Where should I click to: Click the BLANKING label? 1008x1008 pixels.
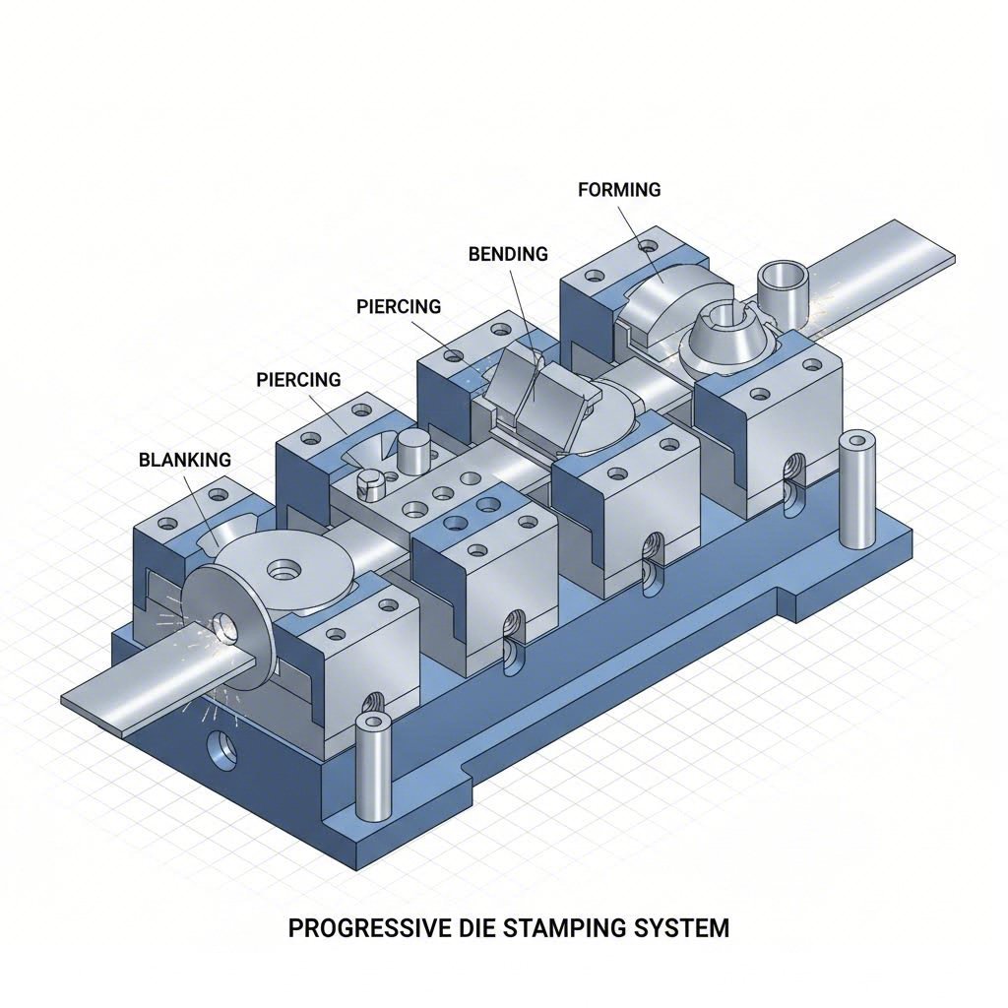tap(185, 459)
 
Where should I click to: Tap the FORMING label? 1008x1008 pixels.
tap(619, 190)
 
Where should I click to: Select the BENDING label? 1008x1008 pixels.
tap(508, 254)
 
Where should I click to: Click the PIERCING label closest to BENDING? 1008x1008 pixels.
tap(398, 306)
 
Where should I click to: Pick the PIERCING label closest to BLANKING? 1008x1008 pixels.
tap(298, 379)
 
